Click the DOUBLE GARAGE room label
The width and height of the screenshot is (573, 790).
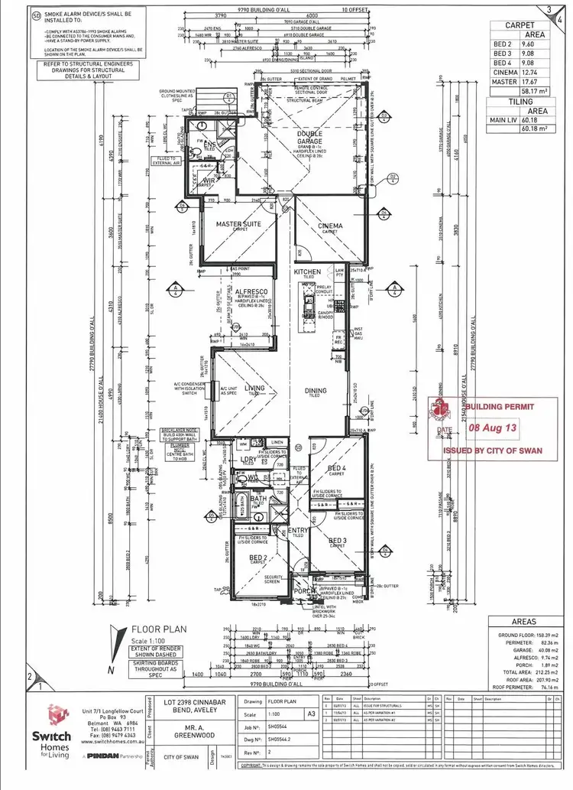309,138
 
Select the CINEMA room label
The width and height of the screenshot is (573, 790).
329,226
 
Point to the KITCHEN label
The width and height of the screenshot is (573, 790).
309,272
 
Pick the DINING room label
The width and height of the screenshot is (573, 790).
316,391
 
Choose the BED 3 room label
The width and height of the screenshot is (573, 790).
337,541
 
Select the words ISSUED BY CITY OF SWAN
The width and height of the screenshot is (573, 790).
493,450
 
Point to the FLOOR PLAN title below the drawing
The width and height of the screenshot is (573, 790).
148,632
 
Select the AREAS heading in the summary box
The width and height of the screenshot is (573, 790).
523,622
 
